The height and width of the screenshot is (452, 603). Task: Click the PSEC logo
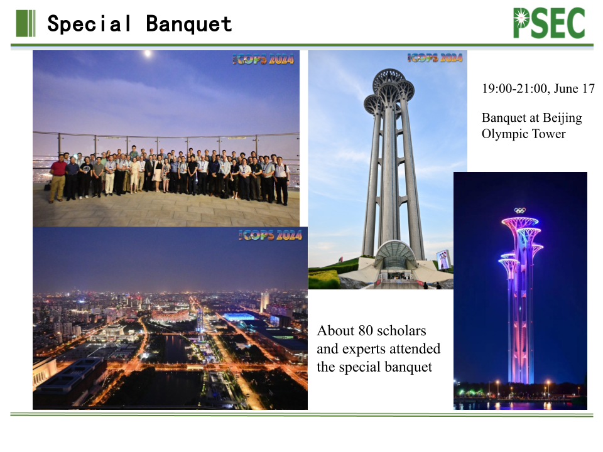tap(549, 23)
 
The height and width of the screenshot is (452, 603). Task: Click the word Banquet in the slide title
tap(189, 24)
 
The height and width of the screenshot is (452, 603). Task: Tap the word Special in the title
tap(90, 24)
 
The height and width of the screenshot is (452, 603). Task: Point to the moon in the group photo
tap(147, 53)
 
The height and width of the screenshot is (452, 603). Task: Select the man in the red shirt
tap(58, 178)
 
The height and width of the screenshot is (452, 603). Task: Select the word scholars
tap(402, 331)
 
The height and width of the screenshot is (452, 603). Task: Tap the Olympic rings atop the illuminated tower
tap(520, 210)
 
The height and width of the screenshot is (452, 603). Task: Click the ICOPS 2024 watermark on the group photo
tap(263, 59)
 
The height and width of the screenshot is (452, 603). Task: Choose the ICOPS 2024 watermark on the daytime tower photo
tap(435, 57)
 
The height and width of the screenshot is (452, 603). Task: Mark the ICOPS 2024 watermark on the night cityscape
tap(270, 235)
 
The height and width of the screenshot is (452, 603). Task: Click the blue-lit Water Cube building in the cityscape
tap(239, 317)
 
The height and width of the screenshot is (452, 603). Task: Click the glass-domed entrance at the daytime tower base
tap(395, 255)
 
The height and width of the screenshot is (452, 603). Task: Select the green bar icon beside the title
tap(26, 23)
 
